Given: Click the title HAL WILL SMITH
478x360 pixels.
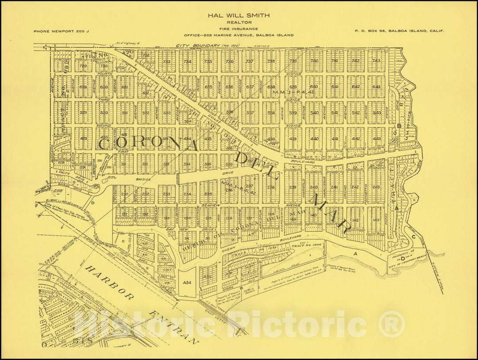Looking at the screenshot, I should pyautogui.click(x=239, y=15).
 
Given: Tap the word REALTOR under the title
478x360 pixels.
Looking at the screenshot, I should pyautogui.click(x=239, y=22).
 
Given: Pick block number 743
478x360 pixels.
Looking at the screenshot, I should pyautogui.click(x=376, y=61).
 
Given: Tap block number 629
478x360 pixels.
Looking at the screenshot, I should pyautogui.click(x=83, y=87).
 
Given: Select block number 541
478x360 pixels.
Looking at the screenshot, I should pyautogui.click(x=335, y=113).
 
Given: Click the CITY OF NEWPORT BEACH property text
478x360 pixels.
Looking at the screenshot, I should pyautogui.click(x=402, y=258).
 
